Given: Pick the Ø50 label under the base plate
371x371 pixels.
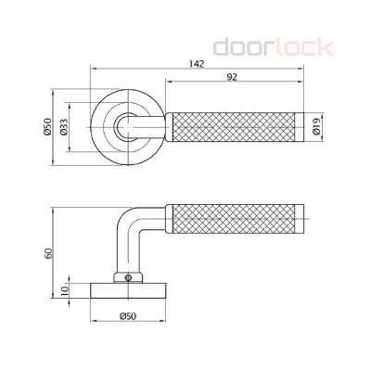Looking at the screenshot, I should point(129,318).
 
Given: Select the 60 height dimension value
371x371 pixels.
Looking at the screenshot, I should point(49,252).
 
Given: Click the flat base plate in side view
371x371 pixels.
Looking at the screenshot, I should point(129,291).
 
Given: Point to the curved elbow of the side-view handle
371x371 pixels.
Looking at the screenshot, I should point(128,223).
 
